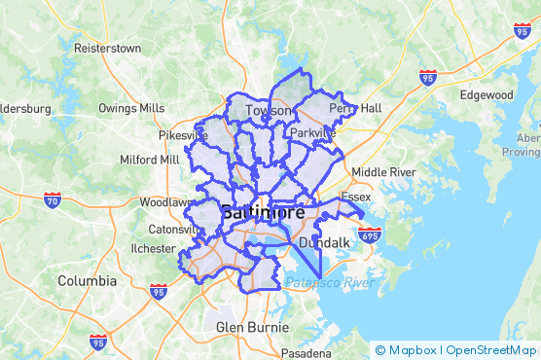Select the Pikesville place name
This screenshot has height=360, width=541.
pyautogui.click(x=184, y=135)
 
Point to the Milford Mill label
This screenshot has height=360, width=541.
pyautogui.click(x=149, y=159)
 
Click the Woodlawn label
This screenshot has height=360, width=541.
pyautogui.click(x=168, y=202)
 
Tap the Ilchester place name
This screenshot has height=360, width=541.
pyautogui.click(x=152, y=248)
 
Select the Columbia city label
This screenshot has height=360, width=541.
pyautogui.click(x=87, y=280)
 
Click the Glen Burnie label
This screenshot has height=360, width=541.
pyautogui.click(x=251, y=326)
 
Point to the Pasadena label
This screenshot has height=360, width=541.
pyautogui.click(x=307, y=352)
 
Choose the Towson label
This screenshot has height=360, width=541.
pyautogui.click(x=268, y=111)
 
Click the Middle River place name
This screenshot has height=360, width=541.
pyautogui.click(x=383, y=172)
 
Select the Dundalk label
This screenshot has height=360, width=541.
pyautogui.click(x=324, y=241)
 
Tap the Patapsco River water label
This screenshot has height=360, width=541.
pyautogui.click(x=330, y=283)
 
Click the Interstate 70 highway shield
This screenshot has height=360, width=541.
pyautogui.click(x=53, y=200)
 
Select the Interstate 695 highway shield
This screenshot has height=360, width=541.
pyautogui.click(x=370, y=234)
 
